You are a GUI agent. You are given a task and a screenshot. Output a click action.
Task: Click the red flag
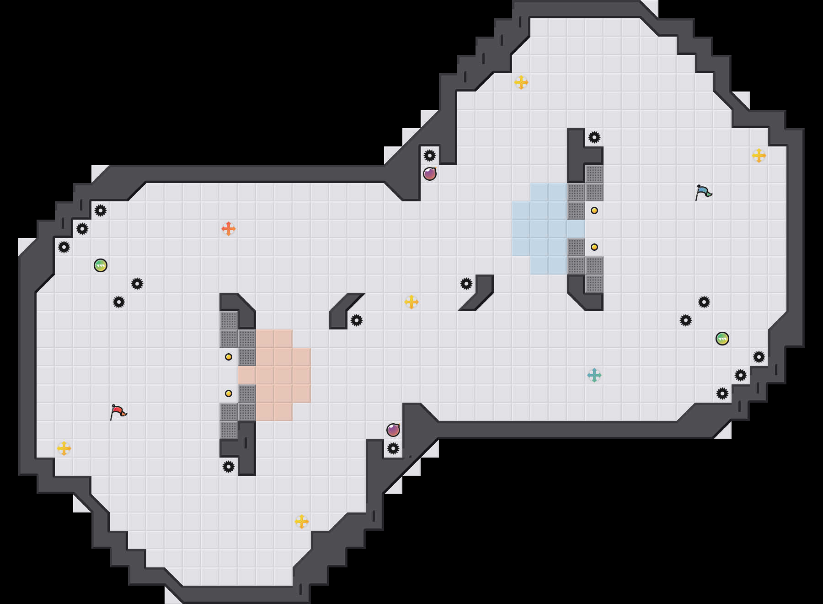coord(118,412)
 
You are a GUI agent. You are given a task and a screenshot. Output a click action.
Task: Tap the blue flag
coord(703,192)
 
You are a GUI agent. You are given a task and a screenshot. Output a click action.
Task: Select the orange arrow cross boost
coord(229,229)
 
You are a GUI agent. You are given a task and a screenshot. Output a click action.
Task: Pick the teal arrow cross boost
coord(594,375)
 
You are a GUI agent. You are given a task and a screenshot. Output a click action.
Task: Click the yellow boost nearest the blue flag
coord(759,156)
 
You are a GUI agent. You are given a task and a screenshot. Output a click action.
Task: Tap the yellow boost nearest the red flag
coord(64,448)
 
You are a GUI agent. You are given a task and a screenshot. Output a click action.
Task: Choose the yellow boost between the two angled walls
coord(411,302)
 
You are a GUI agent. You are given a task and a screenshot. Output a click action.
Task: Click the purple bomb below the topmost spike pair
coord(430,174)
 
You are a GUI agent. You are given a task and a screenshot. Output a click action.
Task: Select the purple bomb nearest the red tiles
coord(393,430)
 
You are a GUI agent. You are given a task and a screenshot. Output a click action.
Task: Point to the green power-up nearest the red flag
coord(101,265)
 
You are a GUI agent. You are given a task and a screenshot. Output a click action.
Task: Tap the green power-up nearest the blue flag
coord(722,339)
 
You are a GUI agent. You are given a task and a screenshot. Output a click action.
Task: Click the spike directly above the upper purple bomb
coord(430,156)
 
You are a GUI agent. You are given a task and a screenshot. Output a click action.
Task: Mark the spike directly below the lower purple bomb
coord(393,448)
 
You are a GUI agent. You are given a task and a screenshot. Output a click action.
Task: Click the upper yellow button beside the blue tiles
coord(594,210)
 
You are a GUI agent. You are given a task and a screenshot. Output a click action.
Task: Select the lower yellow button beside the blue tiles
coord(594,247)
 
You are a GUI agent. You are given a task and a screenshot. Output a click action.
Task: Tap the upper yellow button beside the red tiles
coord(229,357)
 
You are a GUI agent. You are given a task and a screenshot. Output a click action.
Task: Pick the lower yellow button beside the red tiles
coord(229,394)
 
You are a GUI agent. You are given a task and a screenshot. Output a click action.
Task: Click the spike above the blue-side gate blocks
coord(594,137)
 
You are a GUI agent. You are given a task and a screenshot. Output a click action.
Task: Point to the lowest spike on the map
coord(229,467)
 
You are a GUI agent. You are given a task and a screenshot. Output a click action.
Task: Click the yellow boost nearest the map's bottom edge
coord(302,522)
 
